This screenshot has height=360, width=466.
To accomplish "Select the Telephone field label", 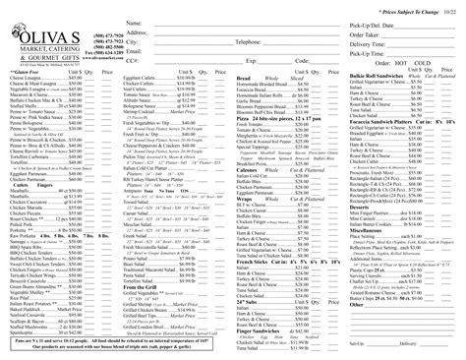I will [253, 43].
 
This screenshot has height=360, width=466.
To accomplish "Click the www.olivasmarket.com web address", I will [89, 59].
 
